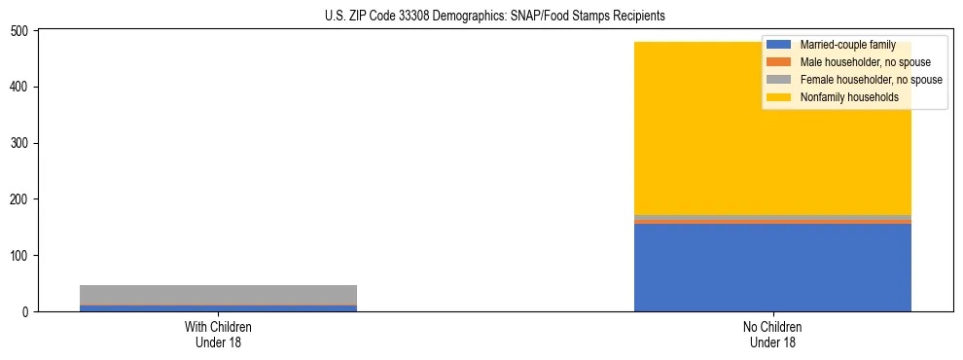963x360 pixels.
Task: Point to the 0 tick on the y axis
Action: coord(28,312)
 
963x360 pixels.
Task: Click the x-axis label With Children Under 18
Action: coord(218,335)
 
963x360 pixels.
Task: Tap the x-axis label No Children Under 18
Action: coord(772,335)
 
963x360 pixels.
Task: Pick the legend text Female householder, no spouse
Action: coord(871,80)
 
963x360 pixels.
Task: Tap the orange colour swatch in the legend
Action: coord(779,62)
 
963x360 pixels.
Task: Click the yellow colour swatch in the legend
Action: coord(779,97)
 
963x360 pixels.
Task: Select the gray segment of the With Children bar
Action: coord(218,295)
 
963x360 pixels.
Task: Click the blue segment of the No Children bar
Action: coord(772,268)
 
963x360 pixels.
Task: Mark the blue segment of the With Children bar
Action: coord(218,308)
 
